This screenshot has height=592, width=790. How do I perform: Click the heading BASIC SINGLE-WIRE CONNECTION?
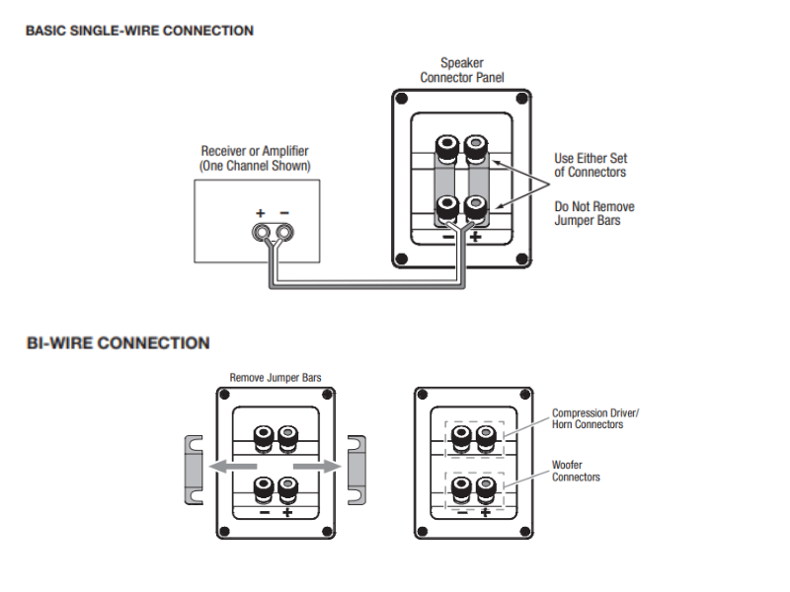pos(139,31)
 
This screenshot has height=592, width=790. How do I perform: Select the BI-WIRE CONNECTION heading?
pos(118,343)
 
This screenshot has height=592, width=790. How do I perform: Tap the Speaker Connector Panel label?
pos(462,70)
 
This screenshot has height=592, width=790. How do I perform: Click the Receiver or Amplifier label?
pos(255,159)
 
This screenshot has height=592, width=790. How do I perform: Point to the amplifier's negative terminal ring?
pos(284,233)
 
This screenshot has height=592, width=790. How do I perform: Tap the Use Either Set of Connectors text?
pos(591,165)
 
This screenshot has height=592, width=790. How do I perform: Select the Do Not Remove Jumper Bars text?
pos(594,213)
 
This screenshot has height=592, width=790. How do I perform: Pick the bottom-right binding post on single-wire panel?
pos(476,208)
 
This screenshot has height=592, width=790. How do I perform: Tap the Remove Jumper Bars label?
pos(276,377)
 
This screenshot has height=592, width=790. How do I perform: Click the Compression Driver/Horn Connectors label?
pos(595,418)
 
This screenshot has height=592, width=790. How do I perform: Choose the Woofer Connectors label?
pos(576,471)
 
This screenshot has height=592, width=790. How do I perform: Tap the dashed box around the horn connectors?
pos(471,437)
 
